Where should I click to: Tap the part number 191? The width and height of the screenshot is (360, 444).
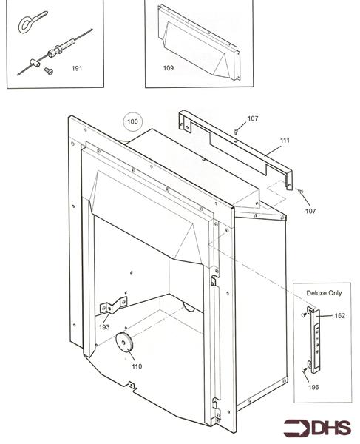point(77,69)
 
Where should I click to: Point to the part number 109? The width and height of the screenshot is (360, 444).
point(169,68)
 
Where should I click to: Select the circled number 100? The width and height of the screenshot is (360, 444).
point(132,121)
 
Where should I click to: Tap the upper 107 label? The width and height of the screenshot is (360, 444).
point(253,118)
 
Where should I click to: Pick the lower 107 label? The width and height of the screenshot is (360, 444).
point(310,212)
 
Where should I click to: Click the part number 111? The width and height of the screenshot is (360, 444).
point(285,140)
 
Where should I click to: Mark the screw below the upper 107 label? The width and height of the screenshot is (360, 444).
point(235,131)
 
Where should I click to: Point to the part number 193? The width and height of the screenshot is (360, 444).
point(103,326)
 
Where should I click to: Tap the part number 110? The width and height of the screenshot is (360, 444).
point(136,366)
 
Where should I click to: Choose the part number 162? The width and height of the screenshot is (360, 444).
point(339,316)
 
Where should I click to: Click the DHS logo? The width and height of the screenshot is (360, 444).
point(316,428)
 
